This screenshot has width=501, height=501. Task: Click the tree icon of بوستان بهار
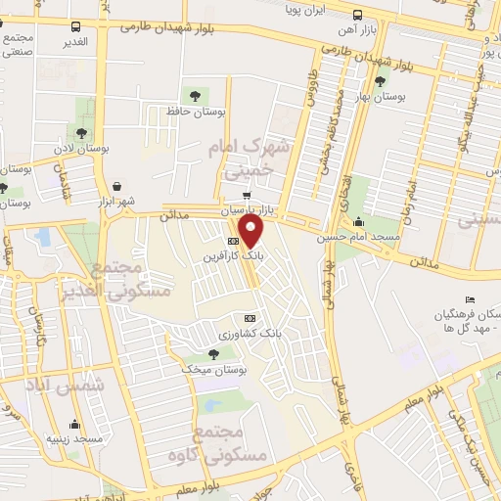point(379,82)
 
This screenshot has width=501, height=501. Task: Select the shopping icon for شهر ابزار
point(118,186)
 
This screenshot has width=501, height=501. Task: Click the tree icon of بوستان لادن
point(80,132)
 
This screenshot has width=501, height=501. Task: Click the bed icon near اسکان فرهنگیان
point(469,299)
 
